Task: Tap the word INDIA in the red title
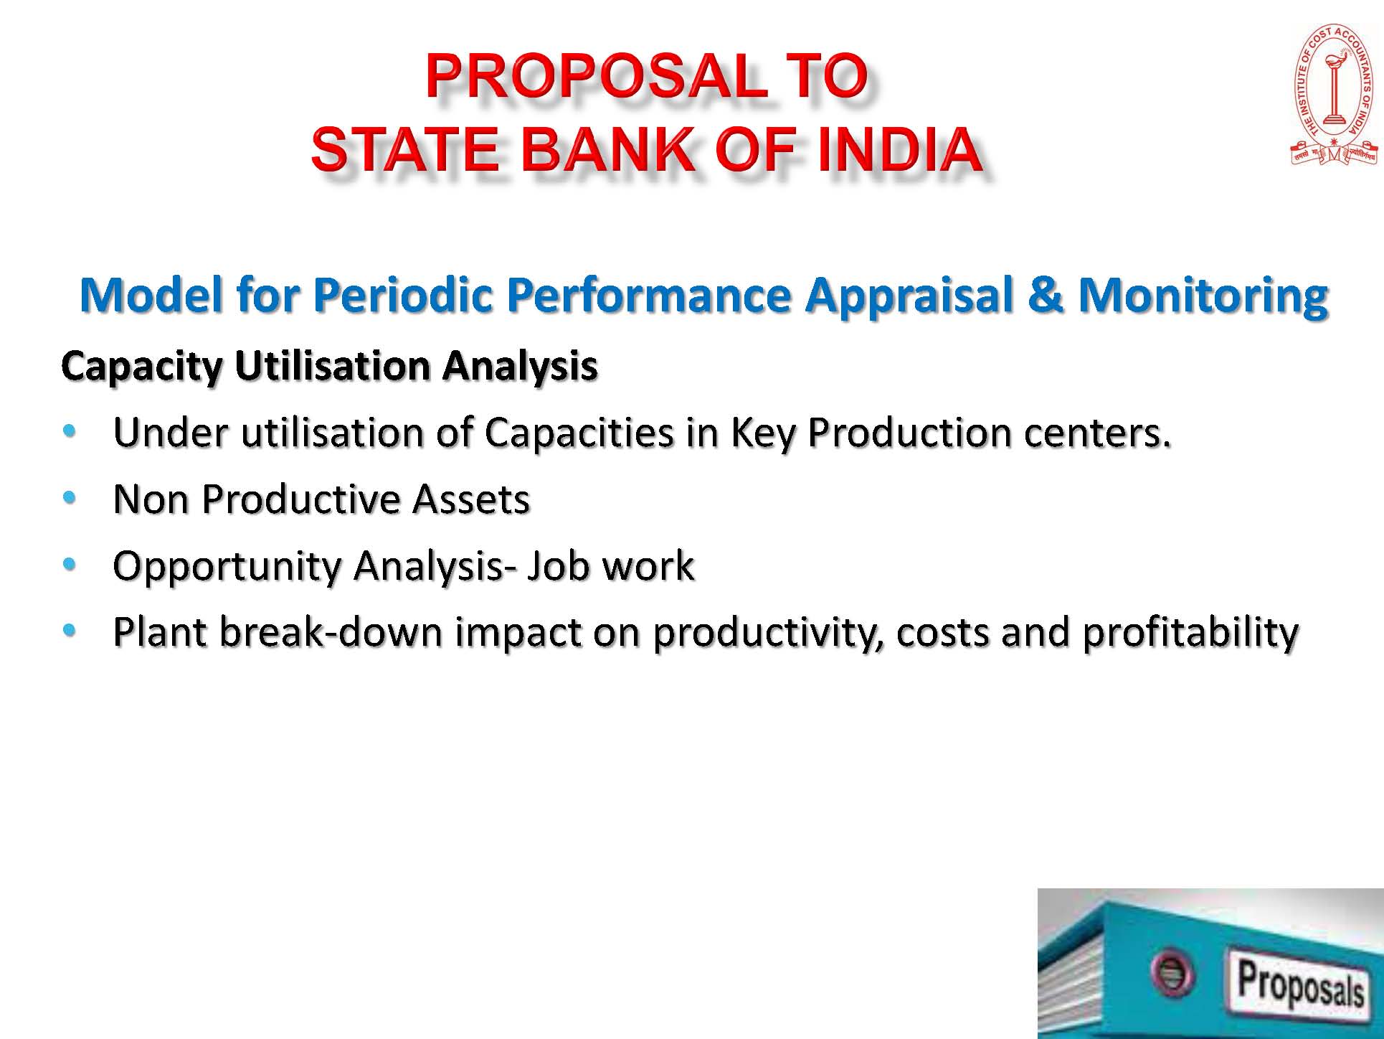pyautogui.click(x=899, y=149)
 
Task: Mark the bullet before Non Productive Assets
pyautogui.click(x=69, y=497)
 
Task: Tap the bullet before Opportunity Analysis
pyautogui.click(x=69, y=565)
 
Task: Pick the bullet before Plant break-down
pyautogui.click(x=69, y=631)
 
